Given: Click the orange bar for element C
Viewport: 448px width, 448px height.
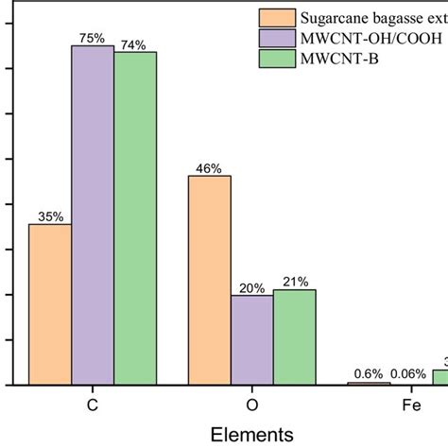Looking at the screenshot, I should (x=50, y=304).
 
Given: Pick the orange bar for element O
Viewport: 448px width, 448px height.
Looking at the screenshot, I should (x=210, y=280).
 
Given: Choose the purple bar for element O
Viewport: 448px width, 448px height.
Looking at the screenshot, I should (x=252, y=339).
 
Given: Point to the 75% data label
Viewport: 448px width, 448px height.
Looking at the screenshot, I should (x=93, y=38).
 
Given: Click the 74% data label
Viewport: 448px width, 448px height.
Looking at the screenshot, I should (x=135, y=43).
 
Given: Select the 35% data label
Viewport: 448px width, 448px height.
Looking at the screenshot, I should (x=50, y=216).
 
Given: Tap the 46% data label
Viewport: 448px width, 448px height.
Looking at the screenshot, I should (x=210, y=168).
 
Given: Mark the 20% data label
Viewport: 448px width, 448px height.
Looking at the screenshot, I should (x=252, y=288).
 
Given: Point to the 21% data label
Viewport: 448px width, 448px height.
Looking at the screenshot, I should (x=294, y=283).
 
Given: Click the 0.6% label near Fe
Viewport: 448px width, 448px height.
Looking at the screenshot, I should (x=369, y=373).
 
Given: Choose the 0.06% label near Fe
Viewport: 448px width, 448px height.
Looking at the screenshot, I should (x=410, y=373).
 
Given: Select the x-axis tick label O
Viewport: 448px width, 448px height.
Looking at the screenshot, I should (x=252, y=405).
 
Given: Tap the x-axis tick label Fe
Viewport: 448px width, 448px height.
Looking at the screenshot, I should (x=411, y=405).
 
